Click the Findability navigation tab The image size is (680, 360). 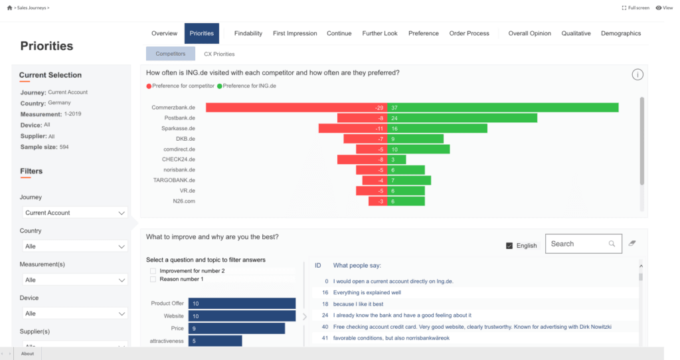pos(248,33)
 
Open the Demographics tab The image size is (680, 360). pos(621,33)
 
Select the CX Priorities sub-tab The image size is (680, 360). pos(219,54)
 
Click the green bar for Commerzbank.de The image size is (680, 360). pos(503,108)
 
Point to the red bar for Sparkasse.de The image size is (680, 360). pos(353,128)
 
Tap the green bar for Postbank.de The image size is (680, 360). pos(462,118)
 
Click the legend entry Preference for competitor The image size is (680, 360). pos(181,86)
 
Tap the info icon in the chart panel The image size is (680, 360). pos(637,74)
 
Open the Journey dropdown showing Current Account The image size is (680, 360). pos(74,213)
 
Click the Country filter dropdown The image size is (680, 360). pos(74,246)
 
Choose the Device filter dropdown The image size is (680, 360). pos(74,314)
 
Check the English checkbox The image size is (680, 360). pos(510,246)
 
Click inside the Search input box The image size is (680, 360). pos(578,244)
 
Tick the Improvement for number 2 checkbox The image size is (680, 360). pos(153,271)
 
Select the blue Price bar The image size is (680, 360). pos(236,328)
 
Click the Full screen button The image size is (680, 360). pos(636,8)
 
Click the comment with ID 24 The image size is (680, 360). pos(402,315)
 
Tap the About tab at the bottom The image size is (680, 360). pos(28,353)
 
